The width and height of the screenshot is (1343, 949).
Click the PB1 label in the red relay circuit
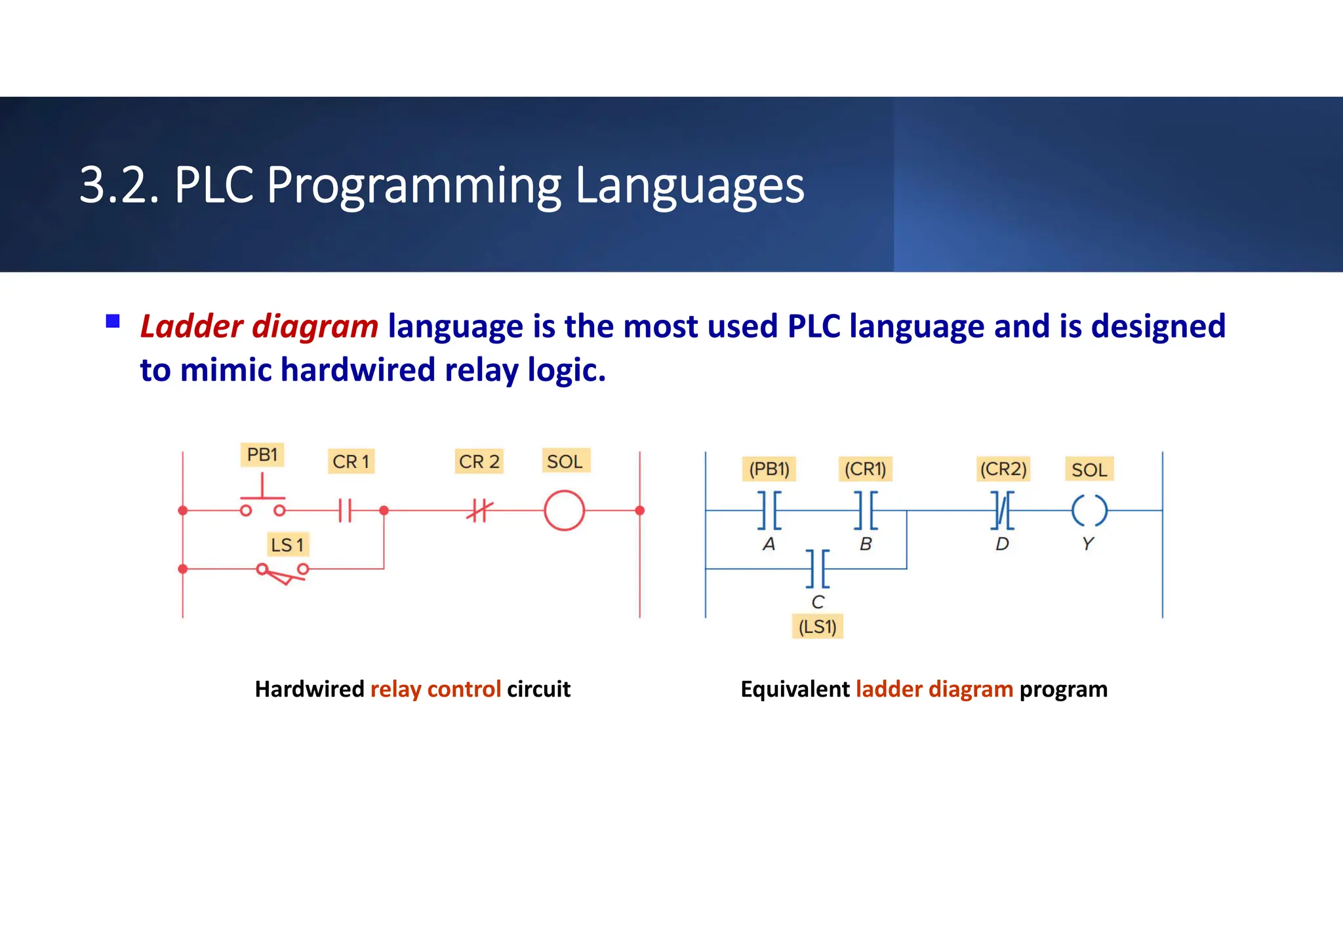coord(262,454)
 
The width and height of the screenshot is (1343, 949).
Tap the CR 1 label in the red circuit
coord(351,461)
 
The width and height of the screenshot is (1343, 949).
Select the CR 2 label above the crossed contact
coord(479,461)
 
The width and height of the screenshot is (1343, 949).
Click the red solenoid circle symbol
coord(564,511)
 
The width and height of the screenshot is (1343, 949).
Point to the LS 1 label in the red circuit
coord(287,545)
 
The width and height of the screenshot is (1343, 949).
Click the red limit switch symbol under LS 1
coord(283,573)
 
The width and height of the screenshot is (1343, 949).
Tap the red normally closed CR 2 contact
coord(479,510)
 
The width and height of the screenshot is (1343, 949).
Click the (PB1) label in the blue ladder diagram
coord(769,469)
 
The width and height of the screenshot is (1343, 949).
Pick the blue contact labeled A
coord(769,510)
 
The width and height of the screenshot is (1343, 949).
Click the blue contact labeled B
coord(866,510)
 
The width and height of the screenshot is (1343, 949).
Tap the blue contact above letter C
coord(818,568)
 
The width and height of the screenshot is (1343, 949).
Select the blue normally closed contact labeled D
coord(1002,510)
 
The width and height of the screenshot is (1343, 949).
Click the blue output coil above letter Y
coord(1089,511)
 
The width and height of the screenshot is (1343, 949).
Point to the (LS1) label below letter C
coord(817,627)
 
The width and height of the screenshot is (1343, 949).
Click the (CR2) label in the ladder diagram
coord(1003,469)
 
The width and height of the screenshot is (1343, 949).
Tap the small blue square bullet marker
coord(113,321)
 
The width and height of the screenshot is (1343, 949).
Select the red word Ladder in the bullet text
coord(191,326)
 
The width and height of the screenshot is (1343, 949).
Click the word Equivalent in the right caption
coord(795,689)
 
